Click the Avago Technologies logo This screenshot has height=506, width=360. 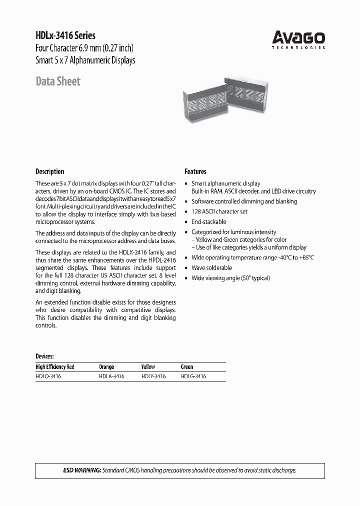pos(298,39)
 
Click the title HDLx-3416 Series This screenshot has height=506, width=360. pos(65,36)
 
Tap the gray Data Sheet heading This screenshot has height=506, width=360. pos(58,81)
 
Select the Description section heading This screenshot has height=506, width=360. pos(50,171)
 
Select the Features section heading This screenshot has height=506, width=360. pos(195,171)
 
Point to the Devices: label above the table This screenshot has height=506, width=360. pos(44,356)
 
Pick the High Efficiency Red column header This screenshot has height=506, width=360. pos(55,366)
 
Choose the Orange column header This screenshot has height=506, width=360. pos(106,366)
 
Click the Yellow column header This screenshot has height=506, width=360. pos(148,366)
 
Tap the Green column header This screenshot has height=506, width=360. pos(187,366)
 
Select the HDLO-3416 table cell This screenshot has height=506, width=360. pos(48,376)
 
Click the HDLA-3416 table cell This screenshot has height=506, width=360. pos(111,376)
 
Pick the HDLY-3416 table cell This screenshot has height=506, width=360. pos(153,376)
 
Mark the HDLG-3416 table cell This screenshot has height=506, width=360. pos(193,376)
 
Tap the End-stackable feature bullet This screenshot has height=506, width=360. pos(209,221)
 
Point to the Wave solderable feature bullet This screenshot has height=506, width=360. pos(211,267)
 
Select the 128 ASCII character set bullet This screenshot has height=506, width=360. pos(219,211)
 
